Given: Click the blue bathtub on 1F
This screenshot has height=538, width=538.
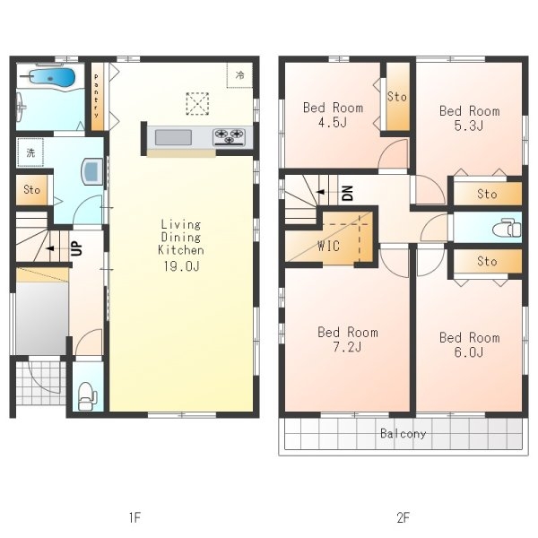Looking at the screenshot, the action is [51, 77].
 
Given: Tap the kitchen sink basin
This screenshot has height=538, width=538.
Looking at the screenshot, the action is [173, 137].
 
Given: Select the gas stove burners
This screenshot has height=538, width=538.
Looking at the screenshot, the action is [229, 137].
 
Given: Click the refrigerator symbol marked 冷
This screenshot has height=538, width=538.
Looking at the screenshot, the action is [239, 74].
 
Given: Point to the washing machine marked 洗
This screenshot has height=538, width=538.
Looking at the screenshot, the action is [30, 152].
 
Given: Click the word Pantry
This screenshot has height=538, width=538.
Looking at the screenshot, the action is [97, 96].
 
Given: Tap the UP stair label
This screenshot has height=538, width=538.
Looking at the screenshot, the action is [77, 248].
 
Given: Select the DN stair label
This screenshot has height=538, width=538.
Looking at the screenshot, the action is [347, 193].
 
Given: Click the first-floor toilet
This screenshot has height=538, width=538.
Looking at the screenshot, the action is [88, 396].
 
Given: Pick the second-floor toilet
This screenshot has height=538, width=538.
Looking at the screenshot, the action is [507, 228].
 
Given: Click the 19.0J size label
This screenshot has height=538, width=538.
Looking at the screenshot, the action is [181, 266].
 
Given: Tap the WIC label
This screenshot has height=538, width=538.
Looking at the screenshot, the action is [328, 246].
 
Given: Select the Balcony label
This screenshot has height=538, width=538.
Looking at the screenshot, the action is [403, 434].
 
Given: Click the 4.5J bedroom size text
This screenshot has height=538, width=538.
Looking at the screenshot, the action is [333, 122].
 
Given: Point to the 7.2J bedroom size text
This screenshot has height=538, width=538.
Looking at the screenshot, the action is [347, 347].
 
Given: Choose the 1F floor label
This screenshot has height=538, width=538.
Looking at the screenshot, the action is [134, 517].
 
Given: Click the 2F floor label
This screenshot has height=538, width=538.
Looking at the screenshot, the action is [403, 517].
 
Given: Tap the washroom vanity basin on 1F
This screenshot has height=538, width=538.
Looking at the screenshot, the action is [91, 171].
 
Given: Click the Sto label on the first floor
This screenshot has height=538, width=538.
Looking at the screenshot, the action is [31, 189].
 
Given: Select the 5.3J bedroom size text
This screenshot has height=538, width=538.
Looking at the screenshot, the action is [469, 126].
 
